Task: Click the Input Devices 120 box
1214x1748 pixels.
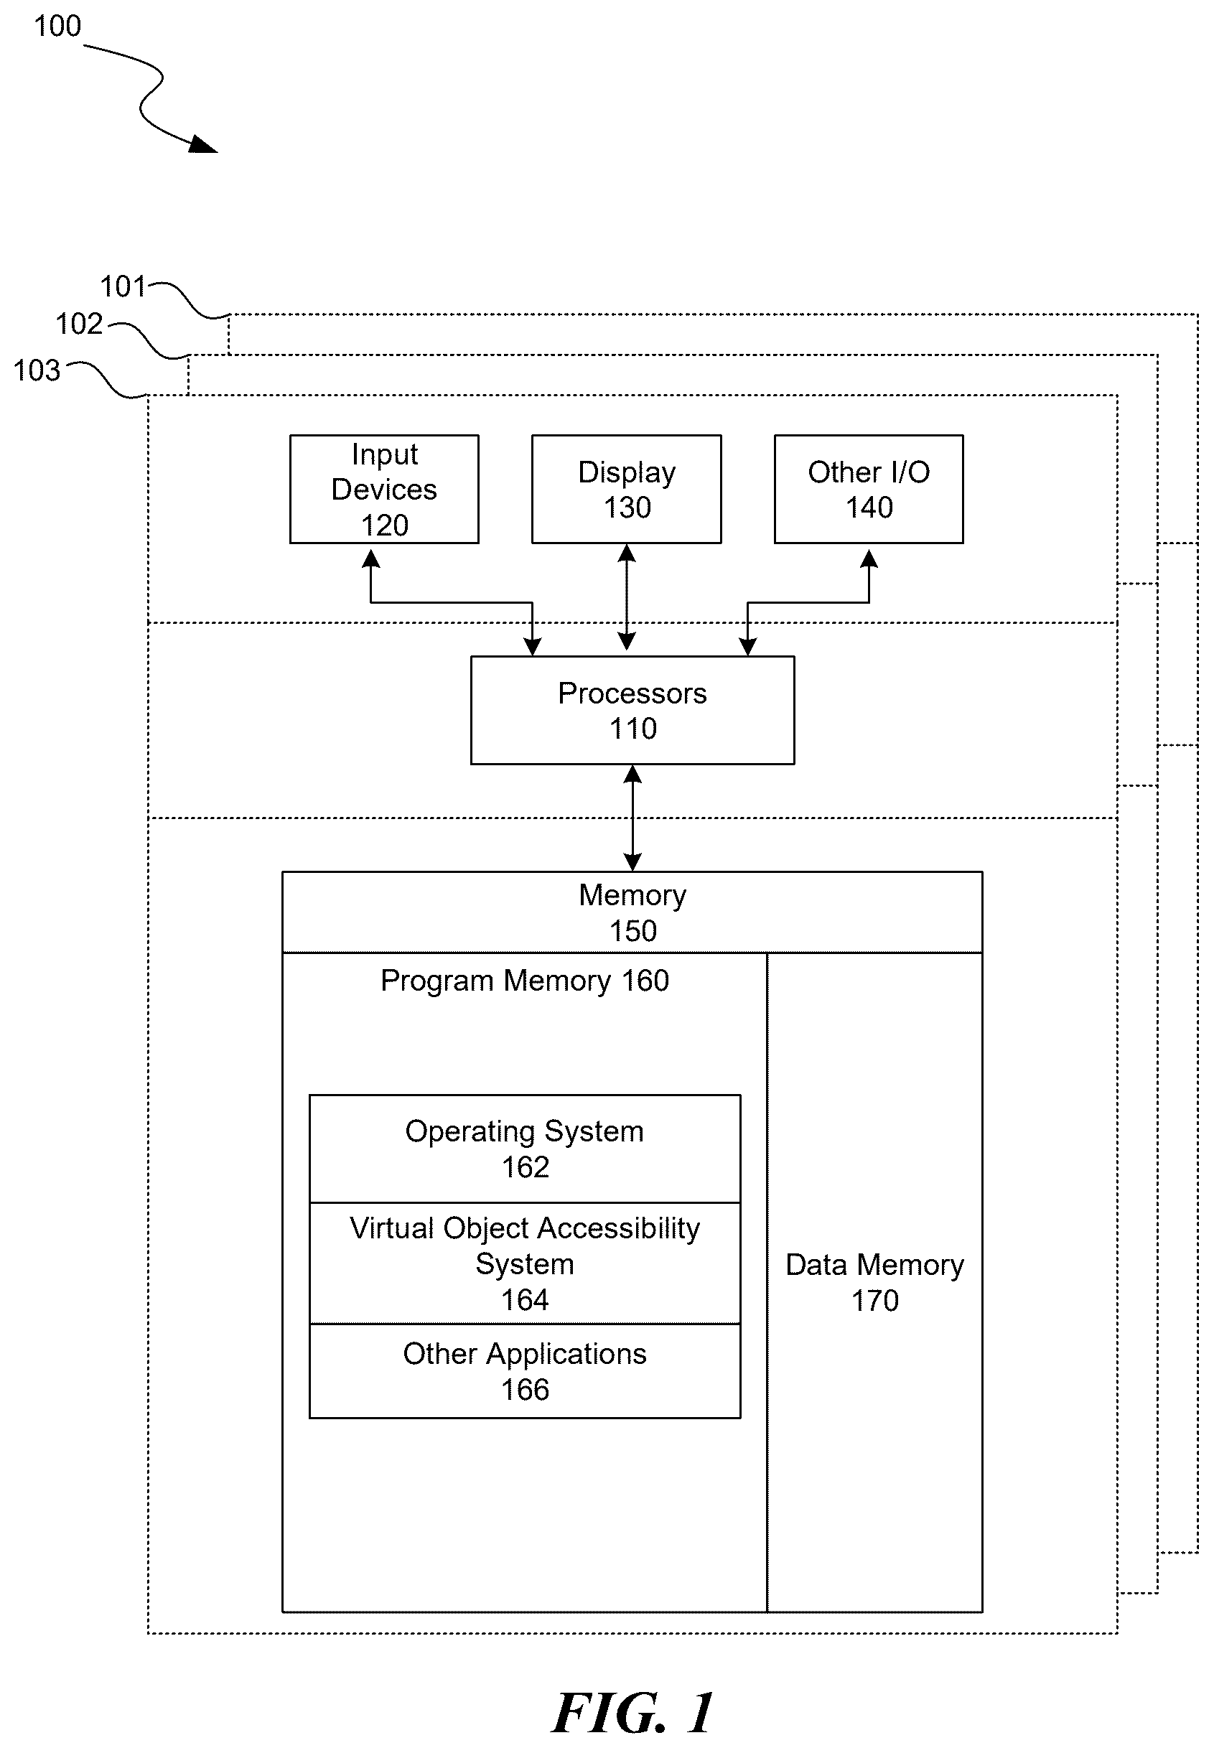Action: (384, 489)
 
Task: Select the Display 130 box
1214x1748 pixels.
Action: (627, 489)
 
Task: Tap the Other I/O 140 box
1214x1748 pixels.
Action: (869, 489)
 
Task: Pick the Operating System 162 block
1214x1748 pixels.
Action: (525, 1149)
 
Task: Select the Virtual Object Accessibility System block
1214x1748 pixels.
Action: (525, 1263)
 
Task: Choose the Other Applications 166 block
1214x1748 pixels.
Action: (525, 1371)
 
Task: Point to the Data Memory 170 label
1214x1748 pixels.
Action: (874, 1283)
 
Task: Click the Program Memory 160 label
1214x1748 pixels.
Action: (525, 981)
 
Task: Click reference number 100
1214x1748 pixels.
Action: (57, 26)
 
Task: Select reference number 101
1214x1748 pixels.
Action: (123, 286)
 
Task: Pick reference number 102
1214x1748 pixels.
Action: (78, 324)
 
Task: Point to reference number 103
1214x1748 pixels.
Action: (37, 370)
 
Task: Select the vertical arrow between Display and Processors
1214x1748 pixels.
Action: (627, 597)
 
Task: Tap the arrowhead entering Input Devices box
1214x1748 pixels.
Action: (370, 559)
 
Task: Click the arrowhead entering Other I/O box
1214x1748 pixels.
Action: (869, 559)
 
